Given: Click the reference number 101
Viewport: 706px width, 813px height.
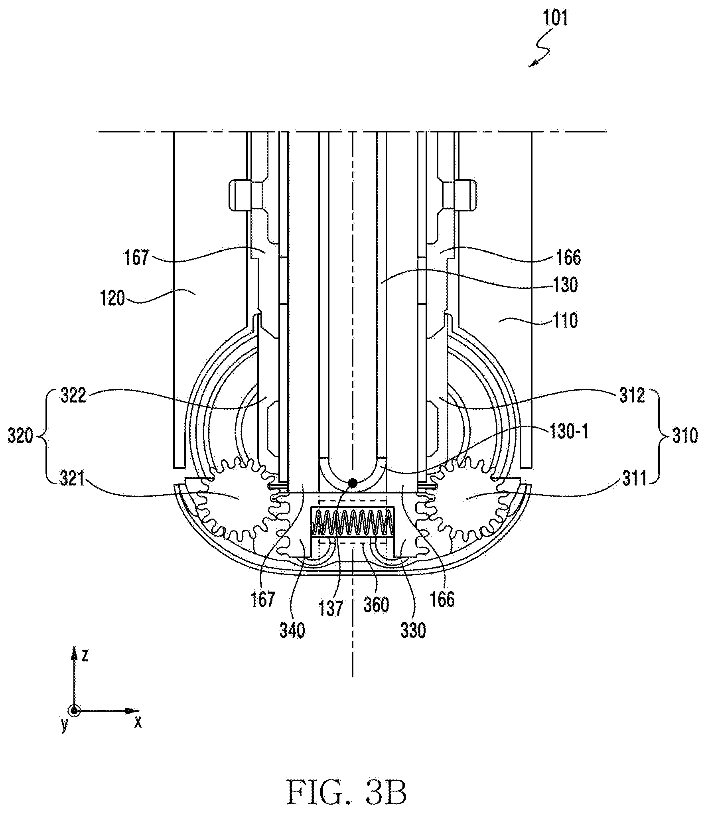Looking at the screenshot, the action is tap(555, 19).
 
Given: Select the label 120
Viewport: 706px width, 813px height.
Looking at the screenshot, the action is tap(113, 298).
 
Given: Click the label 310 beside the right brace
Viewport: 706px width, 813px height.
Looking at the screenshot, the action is tap(685, 436).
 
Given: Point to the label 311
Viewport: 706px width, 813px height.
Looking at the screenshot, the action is tap(635, 479).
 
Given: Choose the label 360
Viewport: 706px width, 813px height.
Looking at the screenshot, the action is tap(376, 605).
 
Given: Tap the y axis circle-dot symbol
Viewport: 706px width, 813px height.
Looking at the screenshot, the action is tap(74, 711).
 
